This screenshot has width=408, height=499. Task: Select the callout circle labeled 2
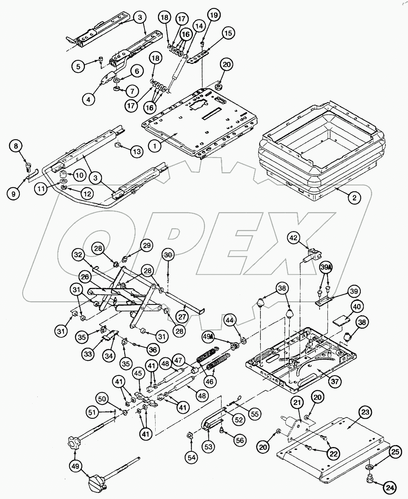coord(354,197)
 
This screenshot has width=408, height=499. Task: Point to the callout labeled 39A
coord(325,268)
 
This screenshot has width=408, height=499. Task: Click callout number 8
coord(16,146)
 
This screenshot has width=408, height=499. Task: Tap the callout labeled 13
coord(136,151)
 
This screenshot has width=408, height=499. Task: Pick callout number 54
coord(192,457)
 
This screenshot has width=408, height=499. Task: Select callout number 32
coord(78,255)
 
